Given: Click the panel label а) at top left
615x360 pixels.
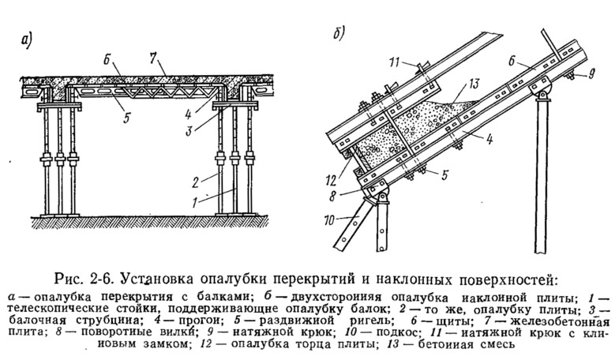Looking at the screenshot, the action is [27, 40].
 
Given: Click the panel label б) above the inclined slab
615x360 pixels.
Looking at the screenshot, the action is [339, 34].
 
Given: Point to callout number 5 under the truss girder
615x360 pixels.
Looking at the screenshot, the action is [126, 118].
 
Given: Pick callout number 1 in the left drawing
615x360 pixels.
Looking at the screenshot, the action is [195, 203].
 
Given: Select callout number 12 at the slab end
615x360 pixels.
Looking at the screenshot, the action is [332, 181].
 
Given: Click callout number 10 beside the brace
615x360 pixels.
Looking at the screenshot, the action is [329, 220].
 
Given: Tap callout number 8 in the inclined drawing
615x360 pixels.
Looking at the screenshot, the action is [333, 196].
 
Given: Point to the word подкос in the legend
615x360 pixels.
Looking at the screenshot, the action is [396, 333].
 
